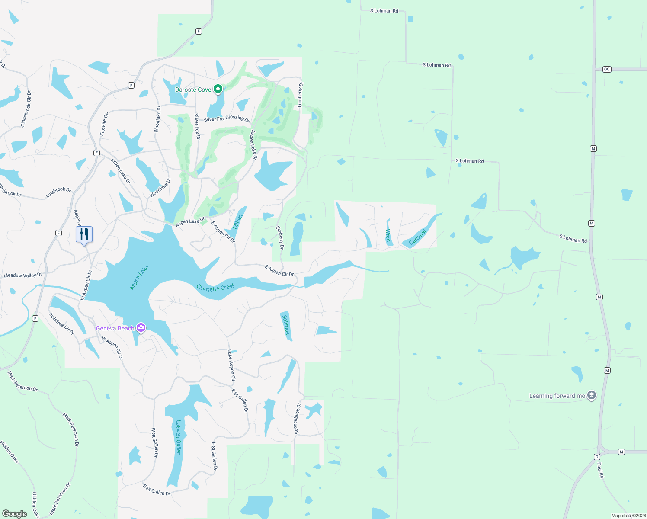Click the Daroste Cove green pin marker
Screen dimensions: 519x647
tap(218, 89)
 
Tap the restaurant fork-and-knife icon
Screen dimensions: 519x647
tap(84, 234)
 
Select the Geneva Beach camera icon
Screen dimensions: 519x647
tap(141, 328)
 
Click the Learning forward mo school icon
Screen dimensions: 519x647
tap(592, 395)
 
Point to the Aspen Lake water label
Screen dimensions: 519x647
tap(139, 277)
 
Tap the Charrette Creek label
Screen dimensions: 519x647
tap(216, 287)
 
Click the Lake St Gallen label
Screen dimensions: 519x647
tap(178, 437)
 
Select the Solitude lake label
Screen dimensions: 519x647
tap(286, 324)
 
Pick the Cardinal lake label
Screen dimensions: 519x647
tap(417, 237)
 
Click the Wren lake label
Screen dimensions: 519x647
tap(388, 235)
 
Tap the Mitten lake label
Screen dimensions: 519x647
tap(238, 221)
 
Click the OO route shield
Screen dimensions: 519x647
tap(607, 69)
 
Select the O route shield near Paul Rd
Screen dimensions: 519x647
tap(597, 457)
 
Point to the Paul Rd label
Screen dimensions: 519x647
tap(600, 470)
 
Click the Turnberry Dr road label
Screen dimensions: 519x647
tap(300, 94)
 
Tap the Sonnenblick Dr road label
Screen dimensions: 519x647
tap(297, 418)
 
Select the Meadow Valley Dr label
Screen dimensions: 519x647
tap(22, 275)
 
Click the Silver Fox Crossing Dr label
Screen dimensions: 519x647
tap(227, 118)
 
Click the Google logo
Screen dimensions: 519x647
tap(15, 513)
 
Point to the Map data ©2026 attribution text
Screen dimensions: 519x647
tap(628, 516)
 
